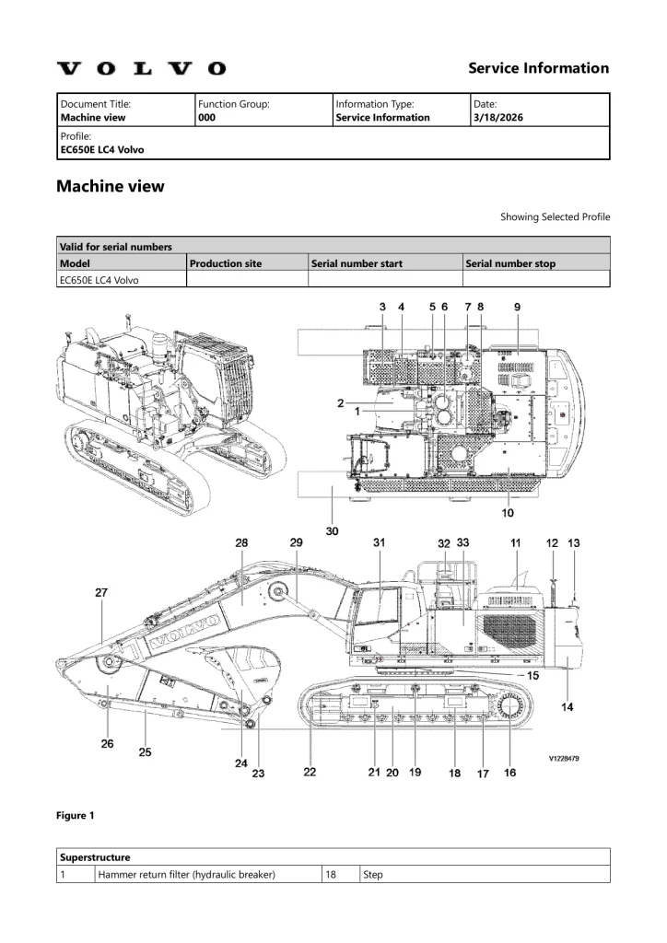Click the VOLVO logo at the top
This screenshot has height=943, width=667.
coord(141,68)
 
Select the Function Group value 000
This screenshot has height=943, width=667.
coord(207,118)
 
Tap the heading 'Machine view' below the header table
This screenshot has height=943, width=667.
coord(111,186)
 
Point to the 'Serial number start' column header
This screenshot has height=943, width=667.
coord(357,263)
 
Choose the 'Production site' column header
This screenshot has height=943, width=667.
coord(226,263)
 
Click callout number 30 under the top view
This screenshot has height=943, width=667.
coord(332,530)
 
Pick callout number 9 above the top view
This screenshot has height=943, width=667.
coord(517,305)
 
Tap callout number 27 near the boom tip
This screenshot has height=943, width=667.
coord(101,593)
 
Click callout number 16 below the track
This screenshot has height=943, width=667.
coord(509,773)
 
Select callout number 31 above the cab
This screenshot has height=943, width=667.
coord(379,543)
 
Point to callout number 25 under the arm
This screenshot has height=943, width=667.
coord(145,752)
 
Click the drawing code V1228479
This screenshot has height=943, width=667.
coord(565,759)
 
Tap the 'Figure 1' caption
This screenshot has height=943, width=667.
coord(76,816)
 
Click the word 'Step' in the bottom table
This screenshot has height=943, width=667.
coord(372,875)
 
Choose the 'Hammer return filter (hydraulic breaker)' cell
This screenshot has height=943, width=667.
coord(186,875)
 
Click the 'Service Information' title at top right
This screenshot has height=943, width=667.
coord(538,68)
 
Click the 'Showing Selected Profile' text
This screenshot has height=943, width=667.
coord(555,217)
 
